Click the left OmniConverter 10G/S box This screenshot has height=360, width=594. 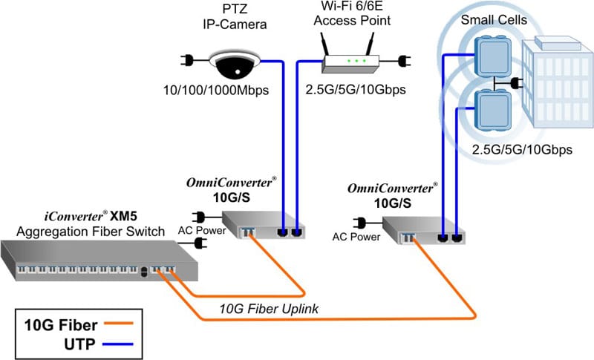(x=264, y=225)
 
